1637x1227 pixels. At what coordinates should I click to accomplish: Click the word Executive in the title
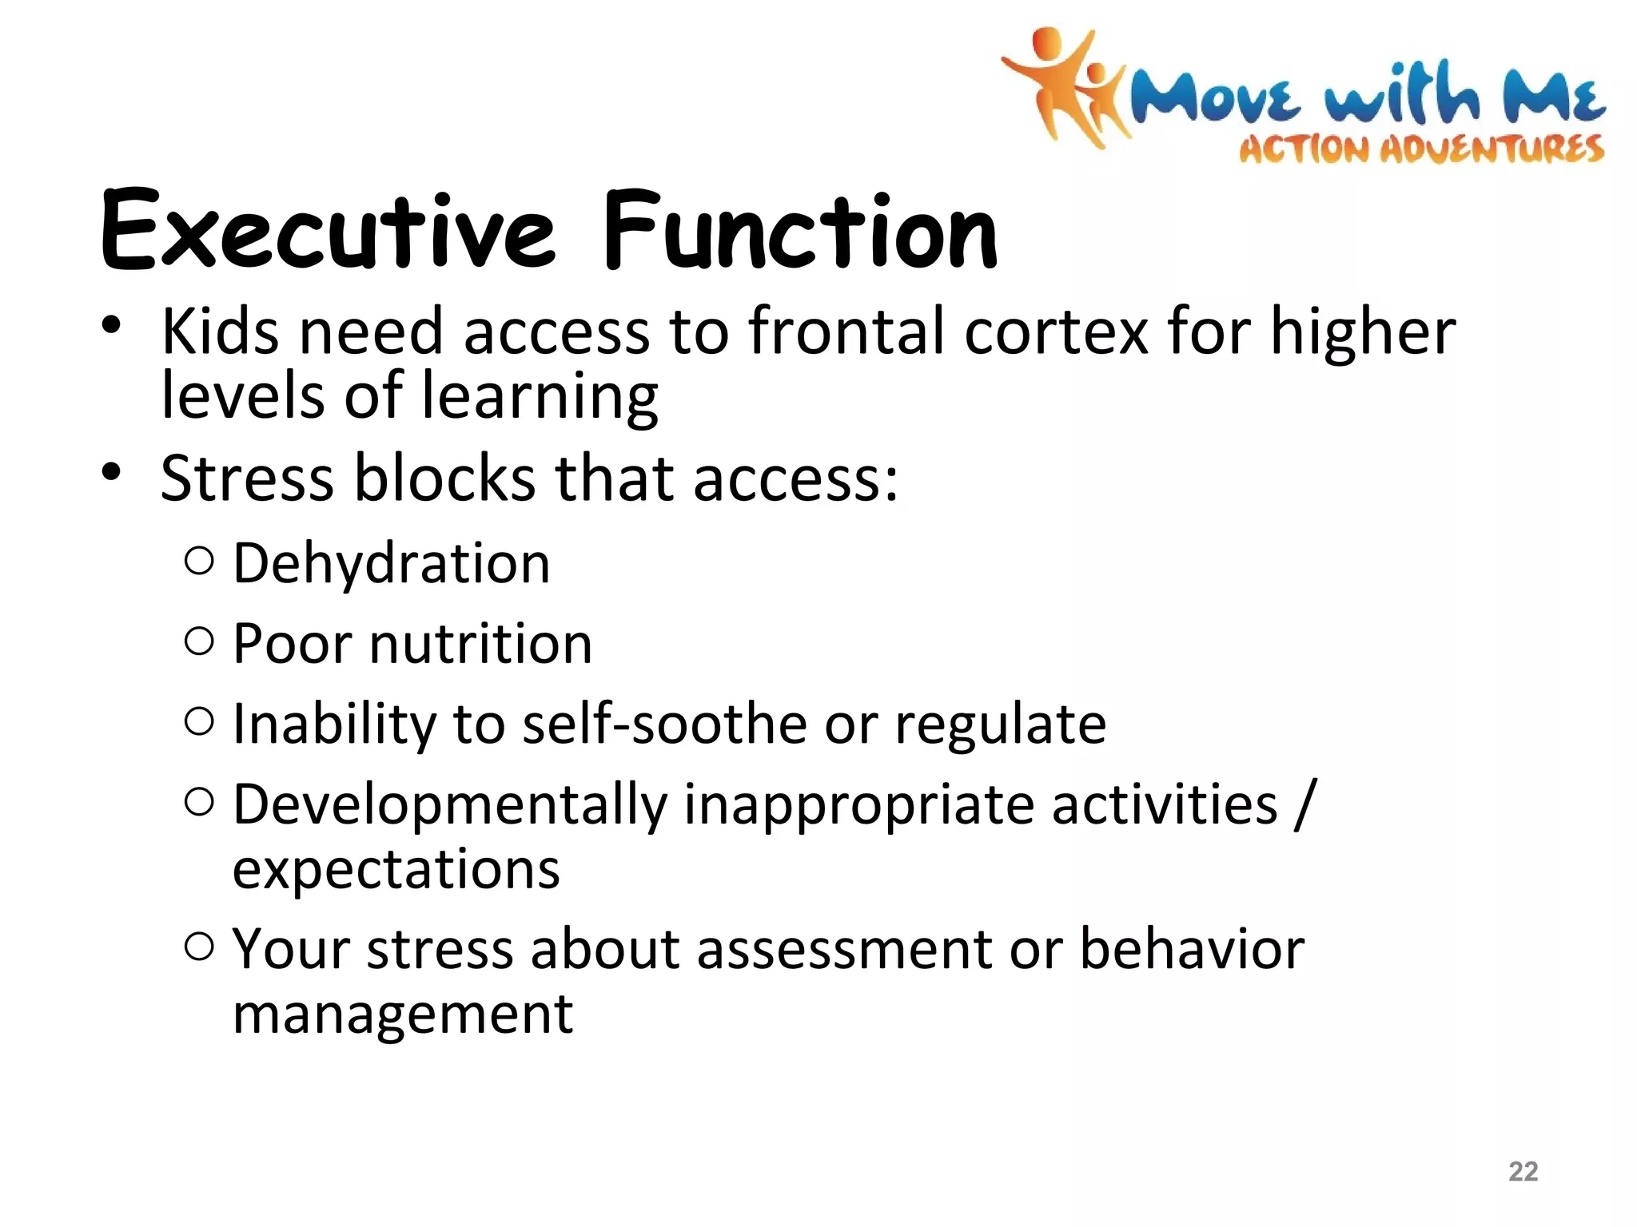(326, 232)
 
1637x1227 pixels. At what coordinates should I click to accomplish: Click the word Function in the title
(799, 232)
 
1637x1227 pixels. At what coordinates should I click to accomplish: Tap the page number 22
(1523, 1171)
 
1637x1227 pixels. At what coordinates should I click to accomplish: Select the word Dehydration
(391, 564)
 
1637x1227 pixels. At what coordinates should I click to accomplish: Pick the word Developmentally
(449, 805)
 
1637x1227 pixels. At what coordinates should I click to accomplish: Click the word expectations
(396, 869)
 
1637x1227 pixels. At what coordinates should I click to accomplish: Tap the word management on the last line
(402, 1015)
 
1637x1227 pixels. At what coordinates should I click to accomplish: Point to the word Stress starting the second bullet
(247, 478)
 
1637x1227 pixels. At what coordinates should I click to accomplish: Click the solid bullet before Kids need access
(111, 325)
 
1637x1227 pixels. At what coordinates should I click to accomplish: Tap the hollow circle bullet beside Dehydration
(199, 562)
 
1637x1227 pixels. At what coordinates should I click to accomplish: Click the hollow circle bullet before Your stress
(199, 947)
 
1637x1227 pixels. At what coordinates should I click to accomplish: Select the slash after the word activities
(1304, 805)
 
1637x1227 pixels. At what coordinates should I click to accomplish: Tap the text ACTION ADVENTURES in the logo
(1421, 149)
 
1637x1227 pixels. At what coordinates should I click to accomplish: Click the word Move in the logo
(1214, 97)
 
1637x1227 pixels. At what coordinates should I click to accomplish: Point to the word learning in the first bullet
(539, 397)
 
